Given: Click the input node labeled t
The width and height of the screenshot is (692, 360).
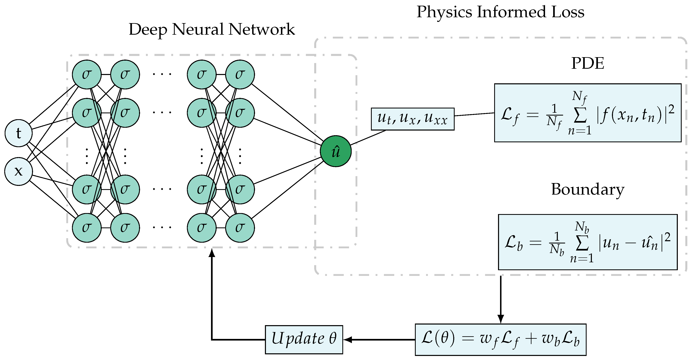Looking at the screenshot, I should pos(18,133).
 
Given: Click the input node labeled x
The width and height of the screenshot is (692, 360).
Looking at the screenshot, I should pos(18,171).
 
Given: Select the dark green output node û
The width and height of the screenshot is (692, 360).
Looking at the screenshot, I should pos(335,151).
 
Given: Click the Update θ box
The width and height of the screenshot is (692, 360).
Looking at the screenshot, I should pos(304,340).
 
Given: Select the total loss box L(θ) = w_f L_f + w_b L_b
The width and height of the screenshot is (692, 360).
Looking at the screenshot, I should pos(500,340).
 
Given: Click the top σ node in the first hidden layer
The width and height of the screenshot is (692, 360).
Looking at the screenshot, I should pos(87,74).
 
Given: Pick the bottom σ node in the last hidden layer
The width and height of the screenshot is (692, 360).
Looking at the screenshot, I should pos(240,228).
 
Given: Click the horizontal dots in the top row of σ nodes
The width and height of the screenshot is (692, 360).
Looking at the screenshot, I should pos(162,74).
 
